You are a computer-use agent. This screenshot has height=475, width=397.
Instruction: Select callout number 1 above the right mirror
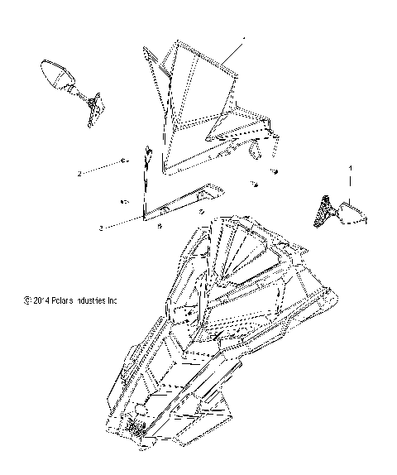(350, 176)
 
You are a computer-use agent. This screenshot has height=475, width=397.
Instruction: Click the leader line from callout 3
(124, 221)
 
